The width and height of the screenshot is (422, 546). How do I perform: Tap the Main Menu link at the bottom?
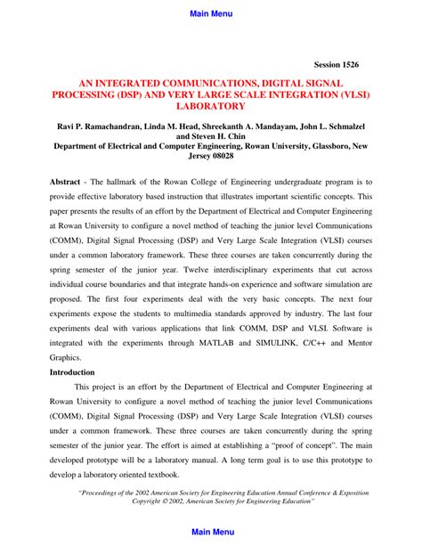[x=211, y=532]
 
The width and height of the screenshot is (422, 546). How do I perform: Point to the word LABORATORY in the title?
[x=211, y=105]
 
